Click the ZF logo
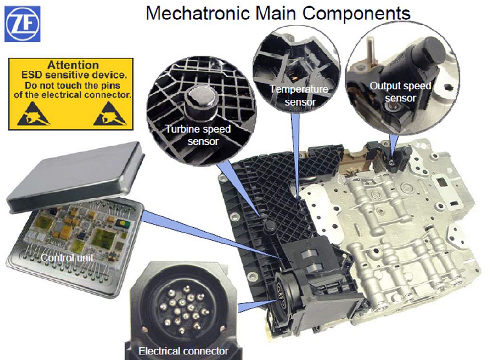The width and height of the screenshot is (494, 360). tap(22, 24)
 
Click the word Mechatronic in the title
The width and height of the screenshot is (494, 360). tap(198, 13)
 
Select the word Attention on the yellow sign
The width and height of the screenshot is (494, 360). tap(73, 65)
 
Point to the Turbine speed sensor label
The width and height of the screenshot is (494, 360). tap(198, 135)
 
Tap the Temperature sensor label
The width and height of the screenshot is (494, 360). tap(299, 95)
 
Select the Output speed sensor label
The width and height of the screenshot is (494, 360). tap(400, 92)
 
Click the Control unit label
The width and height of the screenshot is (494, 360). tap(67, 258)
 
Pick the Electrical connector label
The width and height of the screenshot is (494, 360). tap(183, 351)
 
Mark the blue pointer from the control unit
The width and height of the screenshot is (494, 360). tap(212, 235)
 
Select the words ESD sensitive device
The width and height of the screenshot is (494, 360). tap(74, 75)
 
